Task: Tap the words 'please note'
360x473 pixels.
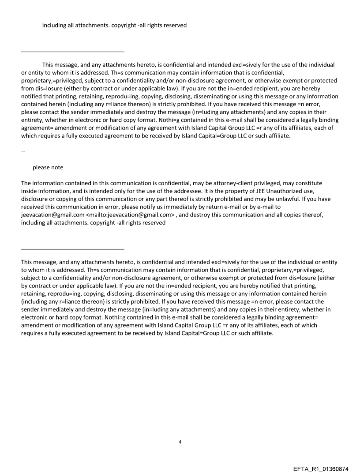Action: tap(48, 168)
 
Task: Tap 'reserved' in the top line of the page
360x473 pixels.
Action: tap(175, 25)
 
